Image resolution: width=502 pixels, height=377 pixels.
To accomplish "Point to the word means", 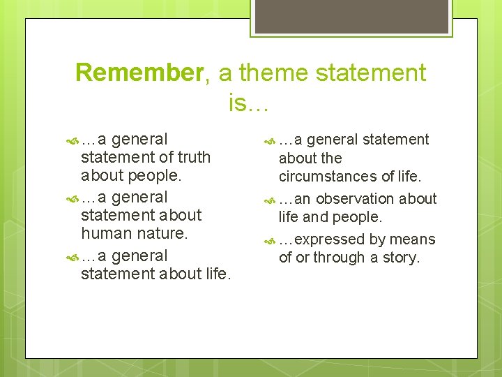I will [x=412, y=239].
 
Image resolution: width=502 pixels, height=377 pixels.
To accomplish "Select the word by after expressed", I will [x=377, y=239].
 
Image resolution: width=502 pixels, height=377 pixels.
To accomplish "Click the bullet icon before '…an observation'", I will [x=271, y=200].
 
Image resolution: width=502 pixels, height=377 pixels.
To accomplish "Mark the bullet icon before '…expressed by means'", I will [x=271, y=240].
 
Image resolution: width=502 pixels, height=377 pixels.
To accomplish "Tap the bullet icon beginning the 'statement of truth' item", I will [x=73, y=140].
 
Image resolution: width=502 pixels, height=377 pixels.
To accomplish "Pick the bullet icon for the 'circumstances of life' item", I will [x=271, y=140].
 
